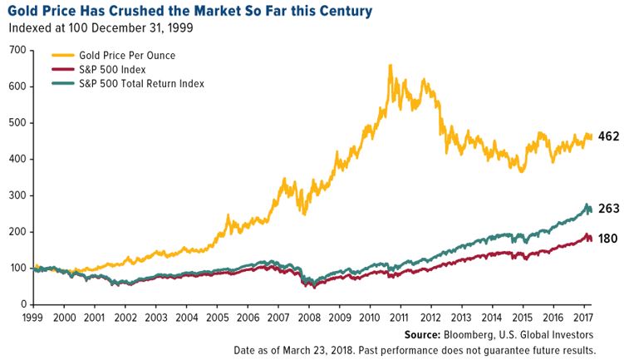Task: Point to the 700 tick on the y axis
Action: pos(16,50)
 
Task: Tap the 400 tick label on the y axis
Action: pos(16,159)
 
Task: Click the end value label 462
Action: pos(609,136)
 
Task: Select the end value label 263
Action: pos(609,210)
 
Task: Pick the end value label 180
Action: pos(609,239)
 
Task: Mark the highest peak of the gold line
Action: pos(390,65)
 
